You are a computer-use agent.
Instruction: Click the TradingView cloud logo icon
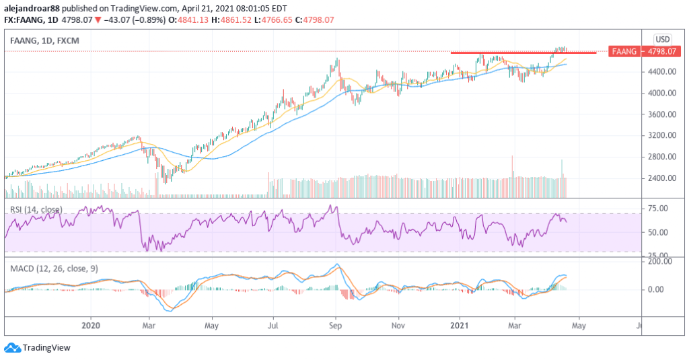(x=11, y=348)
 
